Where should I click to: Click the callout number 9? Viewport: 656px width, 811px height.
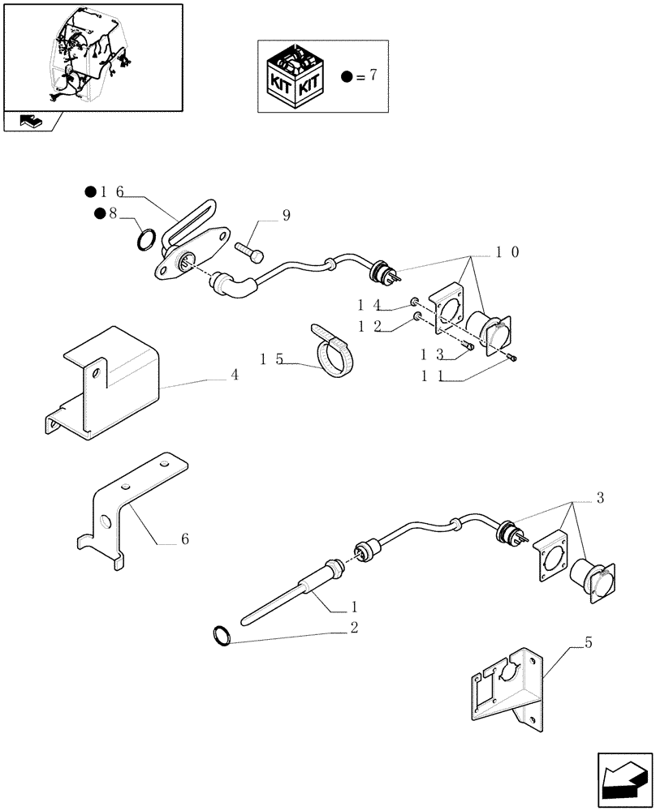pos(286,215)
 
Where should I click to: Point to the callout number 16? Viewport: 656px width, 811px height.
pos(112,191)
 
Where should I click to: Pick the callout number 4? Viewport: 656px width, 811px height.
pos(234,375)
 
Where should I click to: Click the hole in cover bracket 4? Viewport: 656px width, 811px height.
pos(96,373)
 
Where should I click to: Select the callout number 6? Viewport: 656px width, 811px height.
pos(185,539)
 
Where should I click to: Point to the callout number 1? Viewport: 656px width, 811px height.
pos(354,606)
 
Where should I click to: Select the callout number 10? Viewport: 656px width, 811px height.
pos(508,252)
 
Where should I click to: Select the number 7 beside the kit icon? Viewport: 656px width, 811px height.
pos(373,76)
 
